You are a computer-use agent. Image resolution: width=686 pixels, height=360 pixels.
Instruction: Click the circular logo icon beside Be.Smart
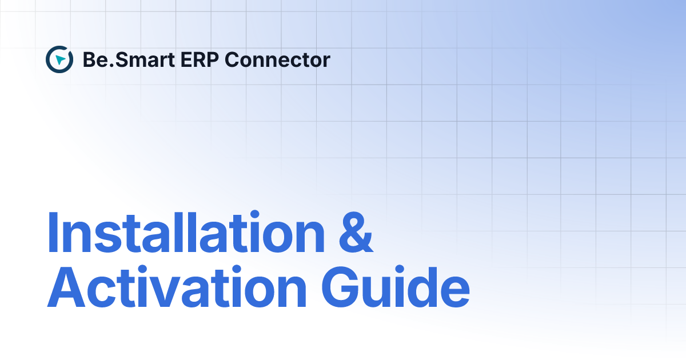[59, 59]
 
